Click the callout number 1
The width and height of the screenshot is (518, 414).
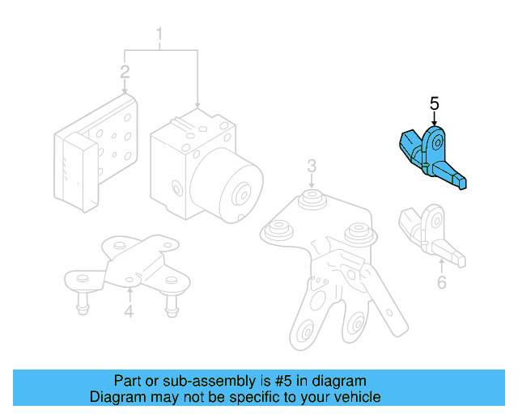tap(159, 34)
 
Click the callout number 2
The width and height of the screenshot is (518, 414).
tap(125, 72)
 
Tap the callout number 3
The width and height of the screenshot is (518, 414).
tap(312, 166)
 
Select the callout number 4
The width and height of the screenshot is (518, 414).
tap(129, 311)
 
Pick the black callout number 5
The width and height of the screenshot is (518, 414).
tap(435, 103)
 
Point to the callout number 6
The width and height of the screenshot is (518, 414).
tap(442, 282)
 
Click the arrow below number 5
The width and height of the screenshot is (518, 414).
tap(435, 119)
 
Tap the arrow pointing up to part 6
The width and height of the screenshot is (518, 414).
tap(442, 267)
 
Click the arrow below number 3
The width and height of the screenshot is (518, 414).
tap(312, 181)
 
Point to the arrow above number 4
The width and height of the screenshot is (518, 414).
tap(129, 295)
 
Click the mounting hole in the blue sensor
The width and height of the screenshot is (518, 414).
tap(438, 143)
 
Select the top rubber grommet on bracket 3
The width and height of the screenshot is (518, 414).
tap(312, 198)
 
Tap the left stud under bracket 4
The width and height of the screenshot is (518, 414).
tap(83, 303)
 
